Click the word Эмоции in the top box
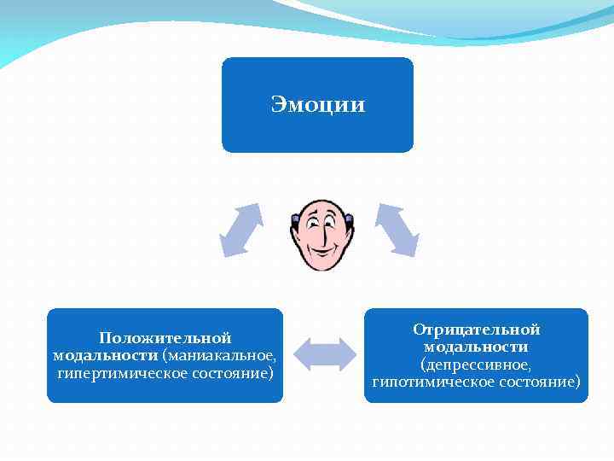tap(318, 105)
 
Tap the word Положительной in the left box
tap(165, 338)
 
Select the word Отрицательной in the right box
tap(477, 330)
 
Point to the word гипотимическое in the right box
tap(431, 382)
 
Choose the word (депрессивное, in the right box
tap(476, 365)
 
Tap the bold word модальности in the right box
tap(476, 347)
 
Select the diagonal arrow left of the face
tap(240, 230)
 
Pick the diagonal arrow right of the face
tap(397, 230)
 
